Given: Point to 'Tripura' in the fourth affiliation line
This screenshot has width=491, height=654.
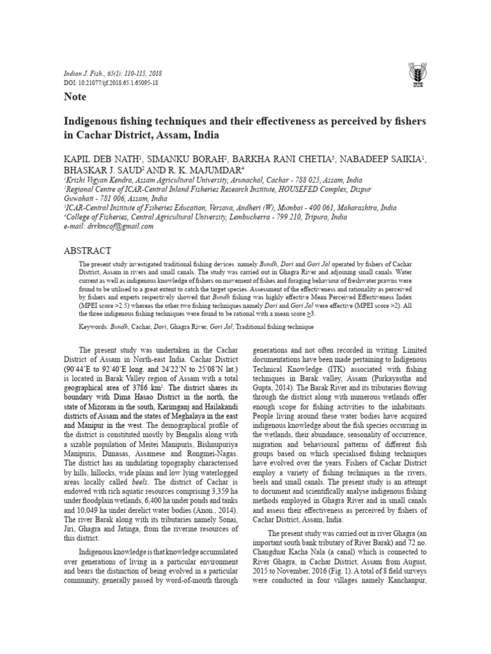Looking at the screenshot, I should click(x=334, y=217).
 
